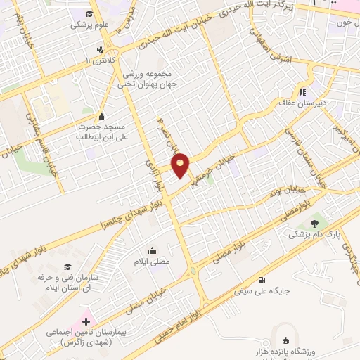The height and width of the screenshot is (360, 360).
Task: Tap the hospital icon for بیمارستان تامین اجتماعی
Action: pos(86,321)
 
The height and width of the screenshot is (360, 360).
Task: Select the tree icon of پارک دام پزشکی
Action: pos(314,224)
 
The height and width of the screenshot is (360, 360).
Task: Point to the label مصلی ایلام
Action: pos(152,262)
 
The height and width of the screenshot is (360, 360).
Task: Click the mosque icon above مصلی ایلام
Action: pos(152,250)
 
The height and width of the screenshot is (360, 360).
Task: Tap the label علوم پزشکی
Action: pos(86,23)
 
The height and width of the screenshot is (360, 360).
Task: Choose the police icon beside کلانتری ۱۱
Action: pos(101,49)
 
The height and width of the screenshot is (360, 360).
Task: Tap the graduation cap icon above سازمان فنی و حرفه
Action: pos(67,266)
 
